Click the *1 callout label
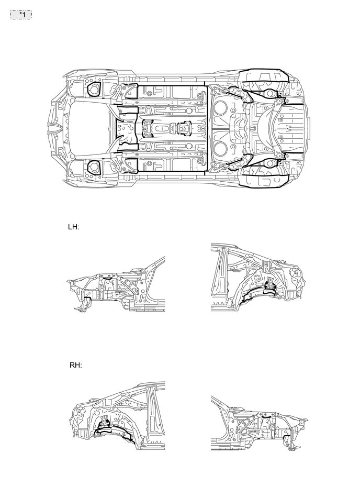point(21,14)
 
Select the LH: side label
point(73,227)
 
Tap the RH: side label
point(75,365)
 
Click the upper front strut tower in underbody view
point(94,90)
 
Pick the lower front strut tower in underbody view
point(94,168)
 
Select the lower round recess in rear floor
point(220,149)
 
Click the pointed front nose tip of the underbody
point(53,128)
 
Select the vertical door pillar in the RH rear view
point(153,414)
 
